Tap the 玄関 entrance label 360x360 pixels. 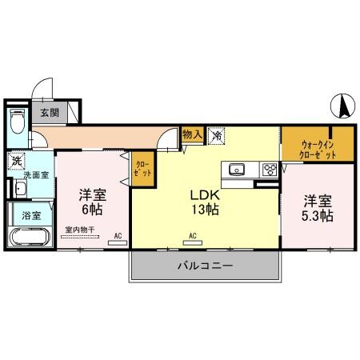50,113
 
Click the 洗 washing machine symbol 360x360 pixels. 15,161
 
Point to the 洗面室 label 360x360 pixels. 35,174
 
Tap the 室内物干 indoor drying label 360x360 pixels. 80,230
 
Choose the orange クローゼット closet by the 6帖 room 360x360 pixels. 142,169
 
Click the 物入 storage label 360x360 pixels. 191,135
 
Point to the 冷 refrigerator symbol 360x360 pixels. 217,137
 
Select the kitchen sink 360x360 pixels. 238,169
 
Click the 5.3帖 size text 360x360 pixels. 318,215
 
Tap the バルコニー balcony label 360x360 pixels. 205,266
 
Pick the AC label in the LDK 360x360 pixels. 193,235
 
